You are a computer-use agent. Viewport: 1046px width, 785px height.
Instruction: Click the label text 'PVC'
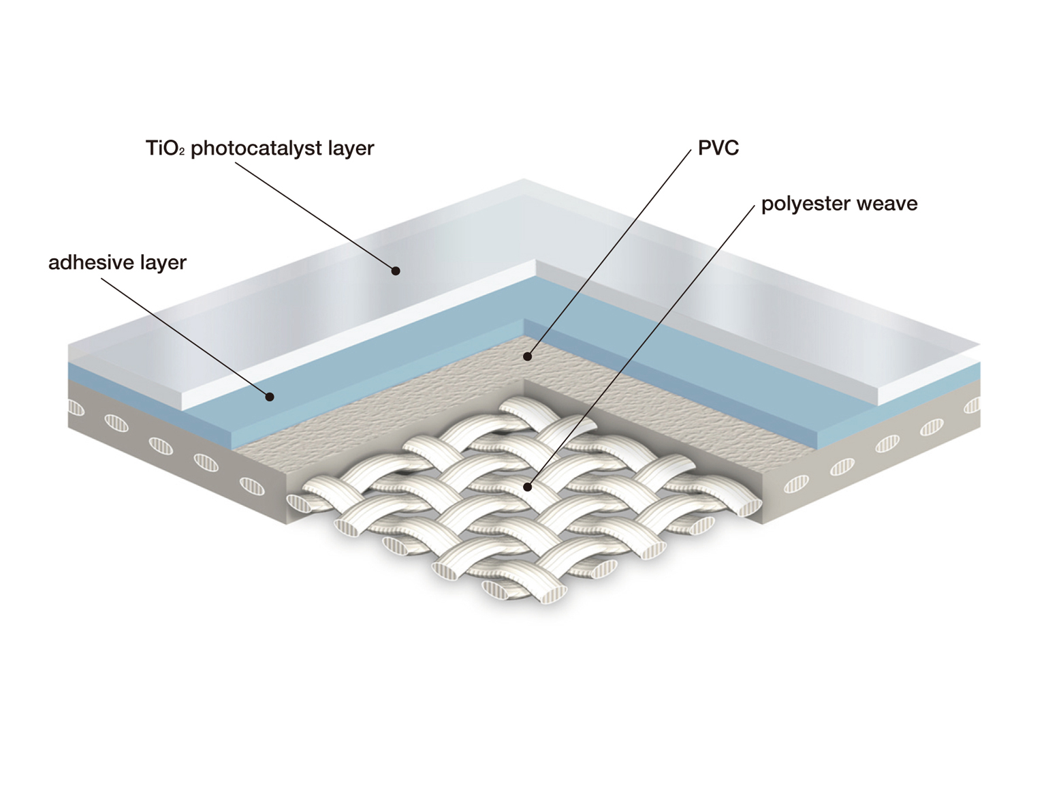(x=718, y=148)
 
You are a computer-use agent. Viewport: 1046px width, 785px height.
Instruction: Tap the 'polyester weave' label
(x=839, y=204)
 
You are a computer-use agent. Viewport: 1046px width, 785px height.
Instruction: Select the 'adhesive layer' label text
(x=117, y=262)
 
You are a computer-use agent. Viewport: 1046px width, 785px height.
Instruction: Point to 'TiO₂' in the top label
(x=164, y=149)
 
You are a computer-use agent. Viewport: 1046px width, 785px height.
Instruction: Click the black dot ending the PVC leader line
(x=527, y=356)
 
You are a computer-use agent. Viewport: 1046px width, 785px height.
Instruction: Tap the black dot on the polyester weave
(x=527, y=487)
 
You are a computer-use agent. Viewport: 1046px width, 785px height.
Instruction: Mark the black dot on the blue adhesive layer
(x=270, y=397)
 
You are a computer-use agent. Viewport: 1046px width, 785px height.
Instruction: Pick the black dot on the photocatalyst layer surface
(x=396, y=271)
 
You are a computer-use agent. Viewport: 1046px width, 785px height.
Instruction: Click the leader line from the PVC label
(x=609, y=253)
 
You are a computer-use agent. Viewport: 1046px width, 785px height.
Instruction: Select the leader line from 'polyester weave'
(x=641, y=347)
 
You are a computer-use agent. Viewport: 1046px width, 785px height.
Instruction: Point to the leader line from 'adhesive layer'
(x=185, y=338)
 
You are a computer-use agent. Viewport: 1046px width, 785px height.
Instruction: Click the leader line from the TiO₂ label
(x=315, y=217)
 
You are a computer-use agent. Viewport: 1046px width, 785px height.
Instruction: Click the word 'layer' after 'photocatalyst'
(x=351, y=149)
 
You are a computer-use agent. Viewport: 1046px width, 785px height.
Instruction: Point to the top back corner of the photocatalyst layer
(x=524, y=179)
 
